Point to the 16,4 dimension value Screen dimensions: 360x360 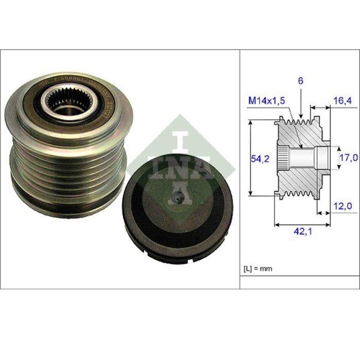341,100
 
